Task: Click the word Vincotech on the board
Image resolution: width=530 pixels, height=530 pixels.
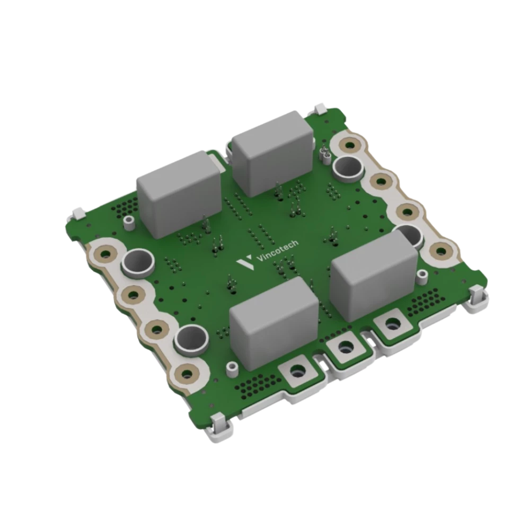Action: point(278,251)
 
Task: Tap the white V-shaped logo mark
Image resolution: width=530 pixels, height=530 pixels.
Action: point(245,262)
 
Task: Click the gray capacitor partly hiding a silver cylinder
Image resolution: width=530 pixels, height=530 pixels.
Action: point(374,276)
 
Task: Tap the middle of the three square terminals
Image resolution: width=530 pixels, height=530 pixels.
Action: point(344,347)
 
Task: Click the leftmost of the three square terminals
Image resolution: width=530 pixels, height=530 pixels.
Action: point(297,371)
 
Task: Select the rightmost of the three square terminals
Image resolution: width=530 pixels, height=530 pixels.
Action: point(392,324)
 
